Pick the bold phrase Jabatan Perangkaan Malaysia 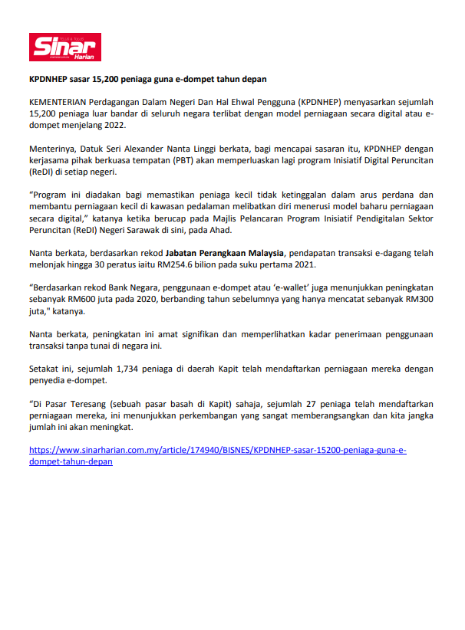point(224,252)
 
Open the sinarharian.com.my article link point(217,451)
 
